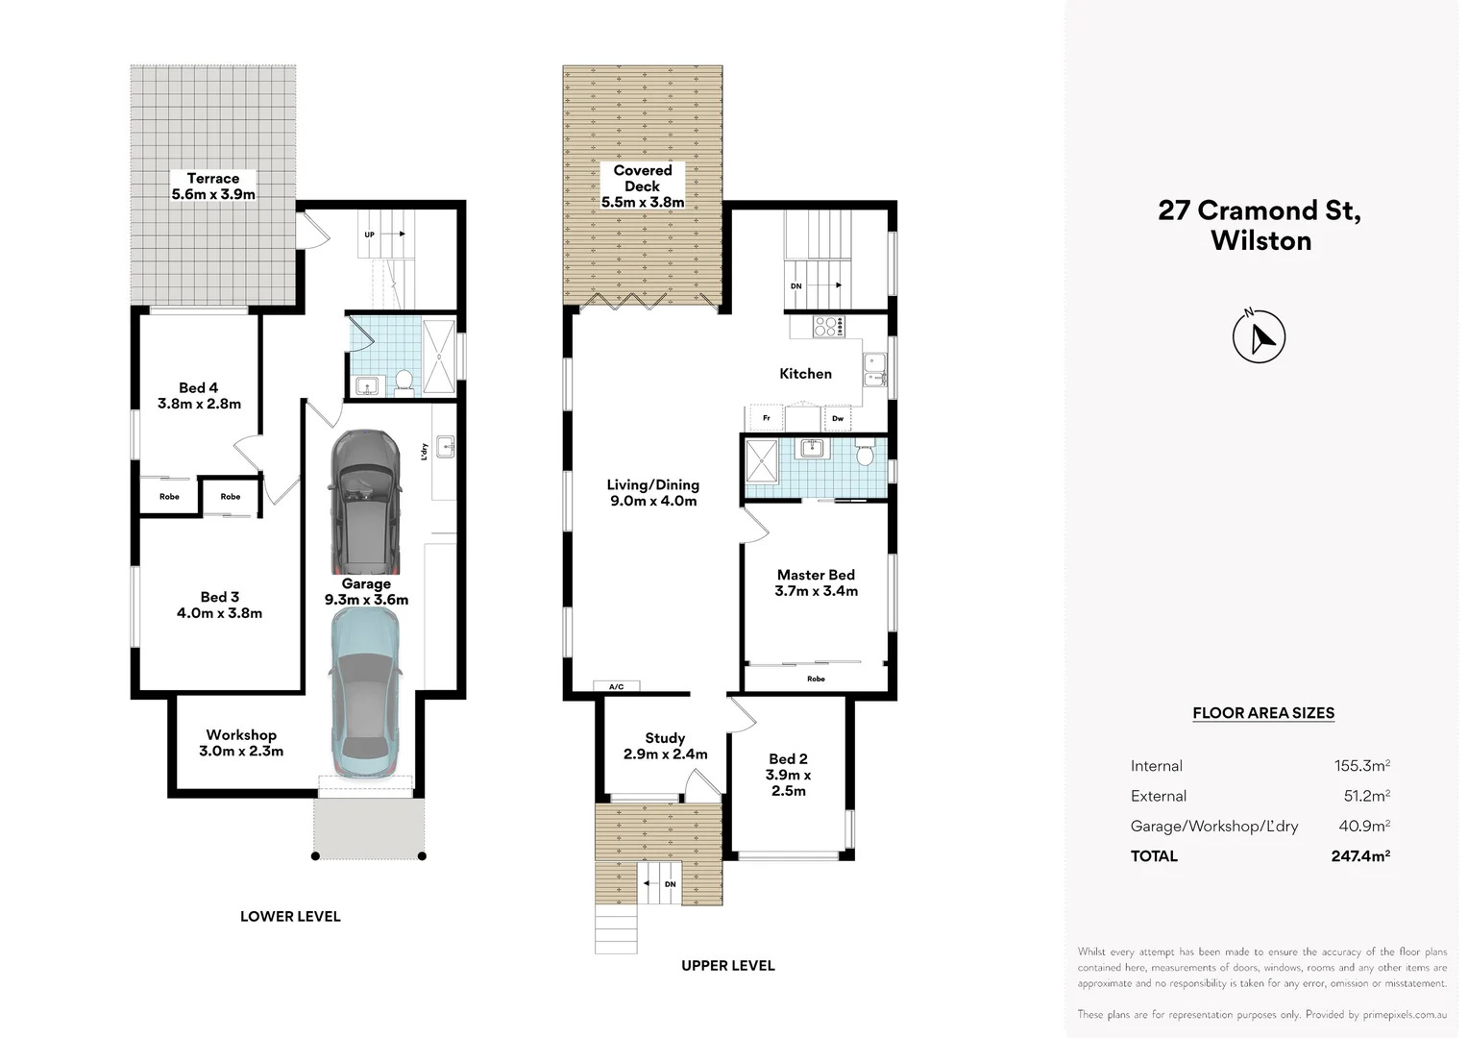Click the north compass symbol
1259,336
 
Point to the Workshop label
241,735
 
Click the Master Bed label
816,575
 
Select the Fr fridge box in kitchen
766,418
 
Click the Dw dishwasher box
838,418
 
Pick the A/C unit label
616,686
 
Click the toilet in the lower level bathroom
404,382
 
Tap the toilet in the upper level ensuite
865,453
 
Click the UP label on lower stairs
369,235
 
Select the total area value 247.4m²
1360,855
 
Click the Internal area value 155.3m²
1361,766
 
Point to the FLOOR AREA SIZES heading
1263,713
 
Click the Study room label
665,738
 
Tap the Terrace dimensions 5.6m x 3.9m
213,194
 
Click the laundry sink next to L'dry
445,447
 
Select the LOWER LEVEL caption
290,917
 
